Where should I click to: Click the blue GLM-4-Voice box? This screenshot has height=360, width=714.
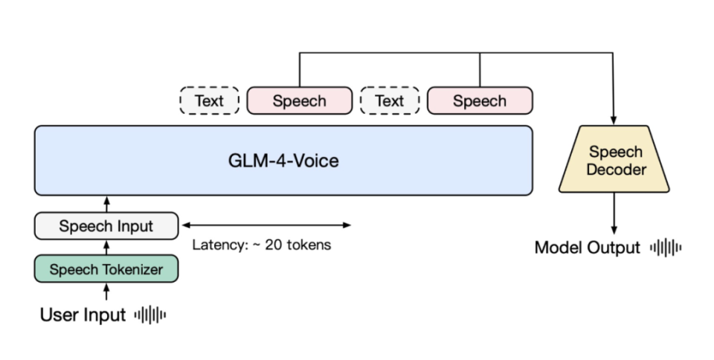[x=283, y=161]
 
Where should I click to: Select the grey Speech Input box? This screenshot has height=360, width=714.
[x=106, y=226]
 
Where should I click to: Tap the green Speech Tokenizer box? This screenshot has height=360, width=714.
[x=106, y=269]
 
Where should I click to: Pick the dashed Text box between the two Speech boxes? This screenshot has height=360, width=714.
[x=390, y=101]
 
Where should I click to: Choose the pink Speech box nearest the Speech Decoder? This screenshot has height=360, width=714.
[x=479, y=101]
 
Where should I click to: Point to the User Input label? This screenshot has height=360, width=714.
[x=83, y=315]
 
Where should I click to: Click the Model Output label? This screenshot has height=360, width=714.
[x=587, y=248]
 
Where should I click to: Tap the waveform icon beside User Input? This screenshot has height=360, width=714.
[x=150, y=315]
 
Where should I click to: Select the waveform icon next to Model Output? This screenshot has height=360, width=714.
[x=666, y=248]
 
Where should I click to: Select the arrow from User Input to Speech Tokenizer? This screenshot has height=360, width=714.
[x=106, y=292]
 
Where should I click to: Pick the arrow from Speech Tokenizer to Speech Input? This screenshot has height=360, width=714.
[x=106, y=248]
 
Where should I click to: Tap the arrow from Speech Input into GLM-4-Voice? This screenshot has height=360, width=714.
[x=106, y=204]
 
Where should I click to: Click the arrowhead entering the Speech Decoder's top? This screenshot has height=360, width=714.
[x=615, y=119]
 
